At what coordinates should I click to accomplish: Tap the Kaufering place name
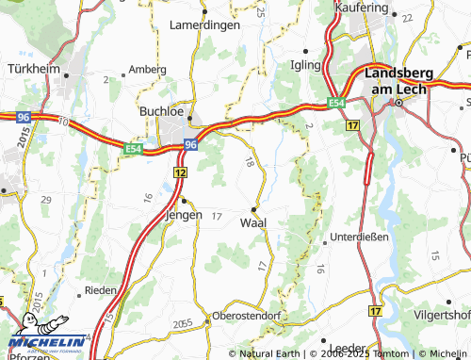click(x=363, y=8)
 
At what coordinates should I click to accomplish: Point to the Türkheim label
click(x=33, y=70)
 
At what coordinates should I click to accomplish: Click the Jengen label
click(x=184, y=215)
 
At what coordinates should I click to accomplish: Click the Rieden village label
click(x=102, y=290)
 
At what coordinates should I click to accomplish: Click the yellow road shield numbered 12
click(x=179, y=174)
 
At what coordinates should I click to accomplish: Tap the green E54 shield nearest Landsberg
click(x=337, y=102)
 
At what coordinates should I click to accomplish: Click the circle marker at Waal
click(x=254, y=208)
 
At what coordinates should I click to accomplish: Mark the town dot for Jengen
click(x=184, y=201)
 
